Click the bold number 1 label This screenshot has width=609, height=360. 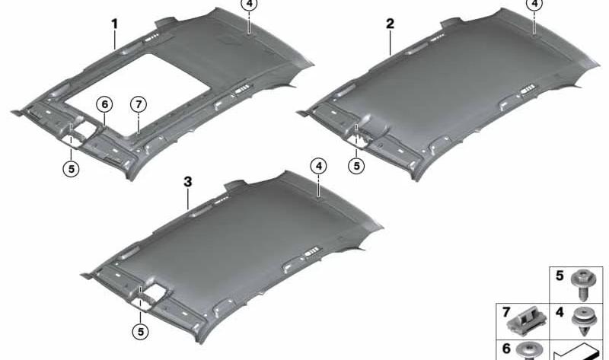point(115,24)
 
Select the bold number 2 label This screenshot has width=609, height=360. point(390,24)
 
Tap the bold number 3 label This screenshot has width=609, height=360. point(188,182)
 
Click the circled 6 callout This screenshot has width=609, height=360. point(104,104)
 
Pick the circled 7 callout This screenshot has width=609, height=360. point(139,104)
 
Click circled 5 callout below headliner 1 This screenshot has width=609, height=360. point(71,169)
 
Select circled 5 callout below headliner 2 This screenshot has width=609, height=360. point(356,166)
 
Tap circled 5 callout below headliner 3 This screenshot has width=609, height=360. point(141,332)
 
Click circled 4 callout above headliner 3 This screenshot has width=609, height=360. point(318,167)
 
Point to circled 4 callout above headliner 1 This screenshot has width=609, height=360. point(249,5)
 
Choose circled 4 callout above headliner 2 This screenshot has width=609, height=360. point(534,5)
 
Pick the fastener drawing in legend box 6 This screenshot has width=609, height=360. point(528,351)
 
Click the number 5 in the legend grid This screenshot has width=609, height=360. point(560,276)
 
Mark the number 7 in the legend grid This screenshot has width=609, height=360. point(506,312)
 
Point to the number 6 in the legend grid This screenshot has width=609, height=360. point(506,349)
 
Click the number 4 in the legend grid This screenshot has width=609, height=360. point(560,312)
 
